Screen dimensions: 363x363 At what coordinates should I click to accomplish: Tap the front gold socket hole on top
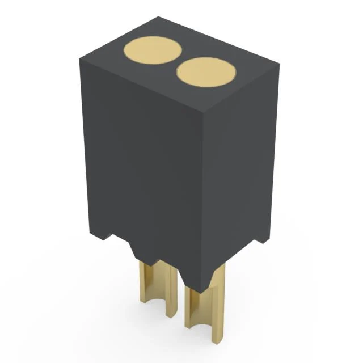coord(206,72)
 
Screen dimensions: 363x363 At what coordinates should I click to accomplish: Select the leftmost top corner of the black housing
coord(80,57)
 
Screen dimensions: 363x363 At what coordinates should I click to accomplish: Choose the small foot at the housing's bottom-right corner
coord(261,238)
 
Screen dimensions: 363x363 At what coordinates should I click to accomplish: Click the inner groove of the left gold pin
coord(152,286)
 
